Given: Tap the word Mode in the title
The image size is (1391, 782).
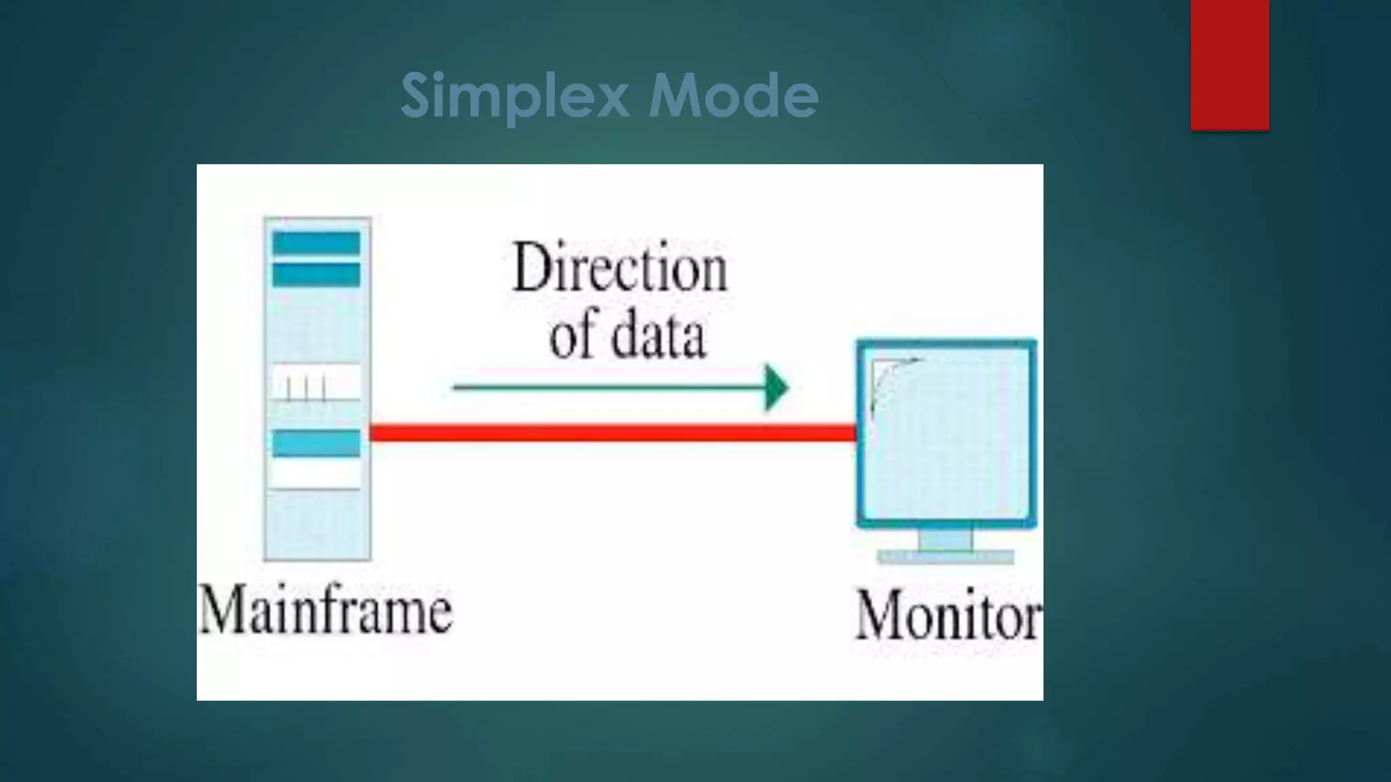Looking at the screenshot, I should [733, 95].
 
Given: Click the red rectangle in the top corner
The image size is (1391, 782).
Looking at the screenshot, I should [1229, 64].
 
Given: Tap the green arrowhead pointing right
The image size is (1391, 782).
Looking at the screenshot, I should [776, 388].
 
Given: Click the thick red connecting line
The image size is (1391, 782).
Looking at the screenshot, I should [611, 432].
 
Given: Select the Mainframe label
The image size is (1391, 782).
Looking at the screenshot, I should [325, 611].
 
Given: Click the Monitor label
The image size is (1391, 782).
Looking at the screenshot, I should [948, 616].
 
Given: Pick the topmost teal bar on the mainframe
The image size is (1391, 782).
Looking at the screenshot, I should [317, 243].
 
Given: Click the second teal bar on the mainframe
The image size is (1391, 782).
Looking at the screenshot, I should [317, 275].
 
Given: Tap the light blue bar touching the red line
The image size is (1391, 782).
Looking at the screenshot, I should [317, 443].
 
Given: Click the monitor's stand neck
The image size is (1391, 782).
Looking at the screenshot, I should [945, 540].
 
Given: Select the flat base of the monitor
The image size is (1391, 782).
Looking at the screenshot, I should [945, 557].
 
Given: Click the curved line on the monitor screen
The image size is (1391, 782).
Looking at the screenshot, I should [886, 380].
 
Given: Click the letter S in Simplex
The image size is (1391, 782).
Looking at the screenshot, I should [416, 95].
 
